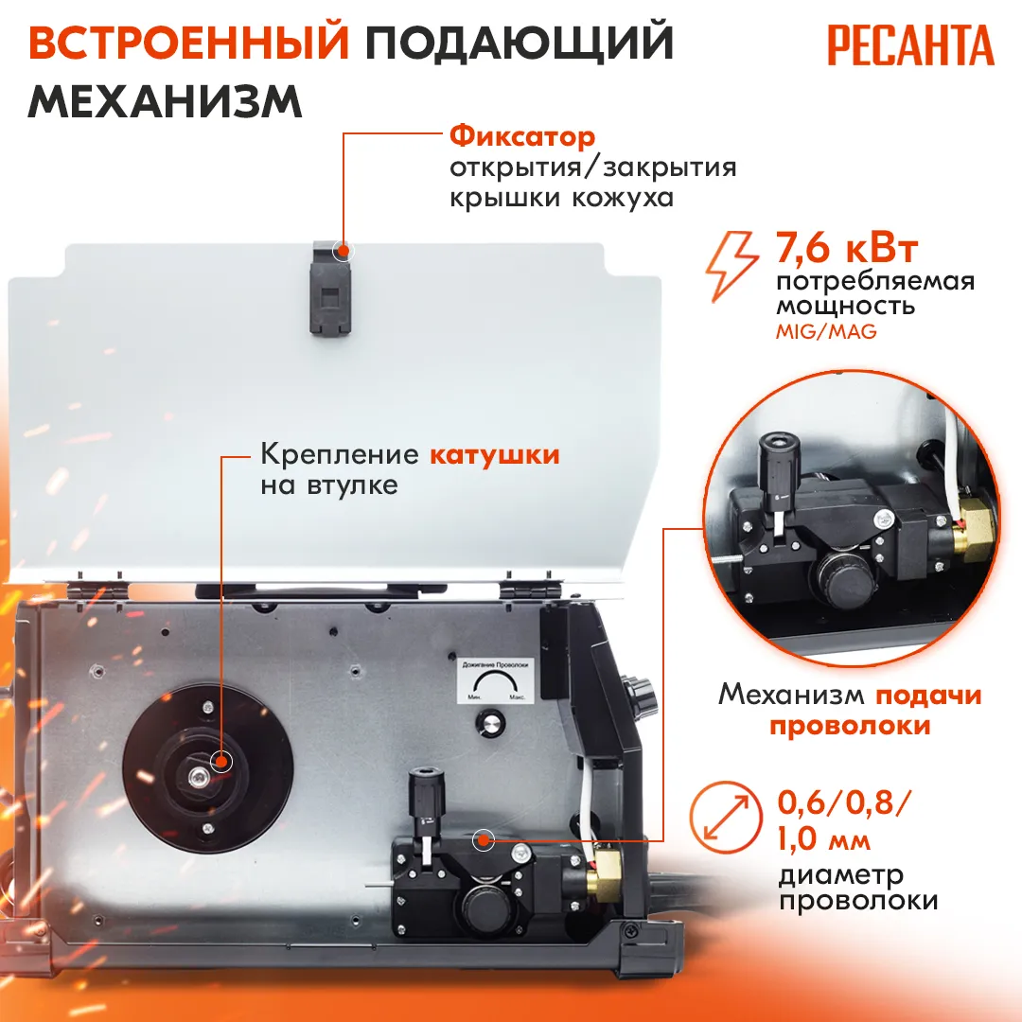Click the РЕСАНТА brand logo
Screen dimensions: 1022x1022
click(x=910, y=45)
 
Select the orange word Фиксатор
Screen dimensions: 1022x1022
click(x=522, y=137)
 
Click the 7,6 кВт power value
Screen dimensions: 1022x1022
click(x=847, y=248)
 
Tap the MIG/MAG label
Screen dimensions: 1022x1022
click(x=826, y=332)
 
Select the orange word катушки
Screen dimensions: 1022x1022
click(x=494, y=454)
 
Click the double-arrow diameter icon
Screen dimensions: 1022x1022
click(x=726, y=817)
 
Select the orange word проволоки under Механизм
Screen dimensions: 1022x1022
click(x=850, y=726)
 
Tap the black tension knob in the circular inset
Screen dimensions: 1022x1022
click(x=779, y=466)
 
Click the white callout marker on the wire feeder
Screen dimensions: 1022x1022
click(x=483, y=840)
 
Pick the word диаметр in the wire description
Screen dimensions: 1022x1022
click(x=841, y=875)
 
